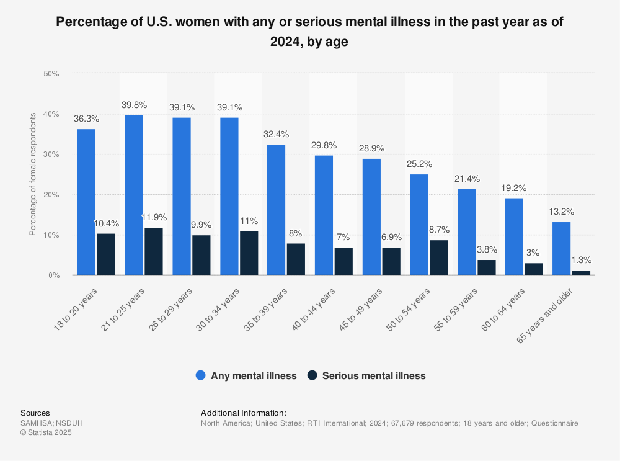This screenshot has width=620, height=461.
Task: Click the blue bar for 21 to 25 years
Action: click(134, 195)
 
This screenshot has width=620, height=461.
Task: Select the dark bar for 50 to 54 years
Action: click(438, 257)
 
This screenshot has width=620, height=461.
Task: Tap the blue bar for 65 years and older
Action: click(561, 248)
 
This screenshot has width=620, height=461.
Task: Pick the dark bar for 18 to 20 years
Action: click(106, 254)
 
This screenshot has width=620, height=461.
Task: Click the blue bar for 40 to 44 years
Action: click(324, 215)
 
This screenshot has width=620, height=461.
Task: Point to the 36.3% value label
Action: click(86, 118)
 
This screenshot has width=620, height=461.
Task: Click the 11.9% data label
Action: click(153, 217)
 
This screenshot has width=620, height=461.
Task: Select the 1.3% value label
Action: click(581, 260)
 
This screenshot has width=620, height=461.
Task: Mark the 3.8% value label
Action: click(486, 249)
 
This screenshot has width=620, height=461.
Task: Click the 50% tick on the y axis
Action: click(51, 74)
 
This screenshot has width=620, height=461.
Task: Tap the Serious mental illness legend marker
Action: click(312, 375)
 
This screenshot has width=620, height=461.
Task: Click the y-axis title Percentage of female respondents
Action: click(33, 174)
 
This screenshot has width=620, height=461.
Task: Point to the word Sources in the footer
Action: click(35, 413)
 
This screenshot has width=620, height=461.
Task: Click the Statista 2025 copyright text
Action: click(46, 432)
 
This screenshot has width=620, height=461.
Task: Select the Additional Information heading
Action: click(244, 413)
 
